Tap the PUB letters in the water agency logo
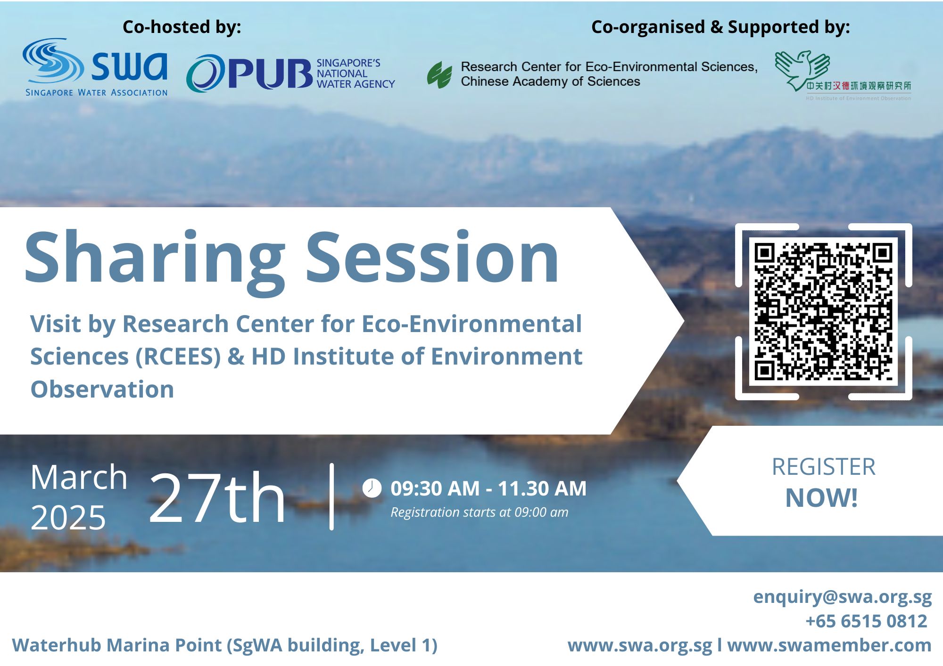click(271, 74)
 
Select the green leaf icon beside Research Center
click(439, 74)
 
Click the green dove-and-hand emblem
click(802, 70)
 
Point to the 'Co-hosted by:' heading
click(182, 27)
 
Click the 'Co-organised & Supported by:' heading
click(720, 27)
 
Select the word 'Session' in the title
click(432, 257)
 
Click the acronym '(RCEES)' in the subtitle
click(179, 357)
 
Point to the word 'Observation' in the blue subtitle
click(102, 389)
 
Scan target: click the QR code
click(823, 311)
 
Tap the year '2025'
click(68, 518)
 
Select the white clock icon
click(372, 488)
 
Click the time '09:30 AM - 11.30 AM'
click(488, 488)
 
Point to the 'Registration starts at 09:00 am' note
click(480, 512)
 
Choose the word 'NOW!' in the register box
click(821, 498)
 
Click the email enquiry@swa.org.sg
click(843, 597)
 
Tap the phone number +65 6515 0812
click(867, 621)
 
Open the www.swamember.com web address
click(829, 645)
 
